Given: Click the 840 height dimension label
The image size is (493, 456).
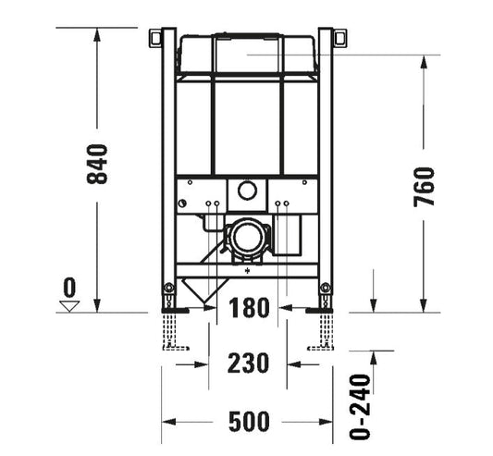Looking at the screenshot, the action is (97, 164).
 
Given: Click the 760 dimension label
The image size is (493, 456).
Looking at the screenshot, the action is (424, 187).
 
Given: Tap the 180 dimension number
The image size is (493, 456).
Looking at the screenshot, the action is (249, 307).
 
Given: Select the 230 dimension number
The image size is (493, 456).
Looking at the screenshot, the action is (248, 363).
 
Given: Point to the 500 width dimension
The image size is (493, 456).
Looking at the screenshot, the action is (249, 422).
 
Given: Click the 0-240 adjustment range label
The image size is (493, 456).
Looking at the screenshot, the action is (360, 406).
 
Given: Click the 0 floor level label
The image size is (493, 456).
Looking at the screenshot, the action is (69, 287).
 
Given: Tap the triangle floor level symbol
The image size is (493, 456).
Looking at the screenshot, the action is (69, 306).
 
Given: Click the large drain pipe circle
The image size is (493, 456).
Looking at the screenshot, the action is (247, 236).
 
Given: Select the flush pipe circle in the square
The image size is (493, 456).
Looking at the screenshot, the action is (247, 191).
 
